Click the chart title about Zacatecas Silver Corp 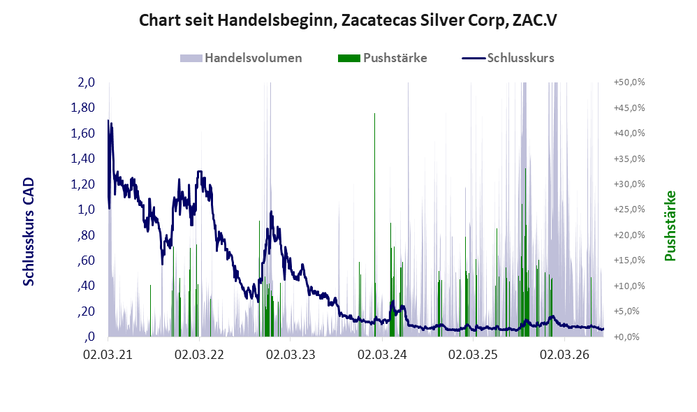click(x=348, y=20)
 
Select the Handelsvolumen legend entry click(x=241, y=58)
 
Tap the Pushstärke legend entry click(x=382, y=58)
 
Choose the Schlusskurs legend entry click(x=508, y=58)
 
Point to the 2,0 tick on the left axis click(x=86, y=82)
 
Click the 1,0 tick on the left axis click(x=86, y=209)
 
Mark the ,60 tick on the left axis click(x=86, y=260)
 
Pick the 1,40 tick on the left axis click(x=82, y=159)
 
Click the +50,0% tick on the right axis click(x=629, y=82)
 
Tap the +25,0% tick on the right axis click(x=629, y=209)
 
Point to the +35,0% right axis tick click(x=629, y=159)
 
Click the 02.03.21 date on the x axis click(x=108, y=355)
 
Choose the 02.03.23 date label click(x=291, y=355)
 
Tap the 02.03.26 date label click(x=564, y=355)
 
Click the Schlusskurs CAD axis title click(x=29, y=232)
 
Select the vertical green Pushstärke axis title click(x=670, y=226)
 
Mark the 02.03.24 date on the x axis click(x=382, y=355)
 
